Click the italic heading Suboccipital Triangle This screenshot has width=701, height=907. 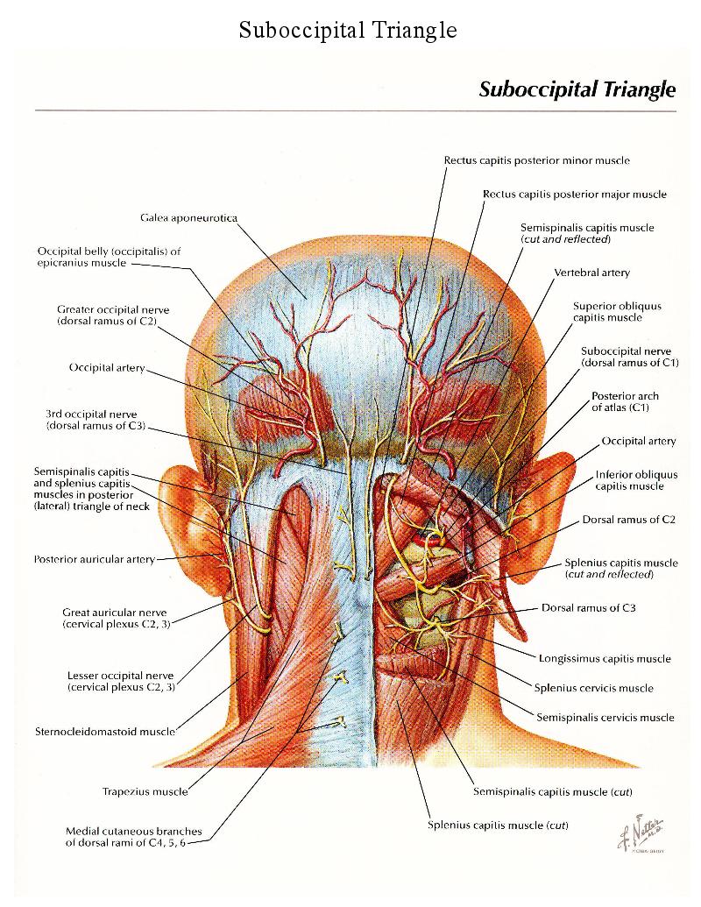click(577, 89)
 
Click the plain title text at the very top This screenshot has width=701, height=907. click(348, 31)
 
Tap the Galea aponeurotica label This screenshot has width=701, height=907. click(188, 216)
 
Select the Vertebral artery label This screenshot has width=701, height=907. click(591, 273)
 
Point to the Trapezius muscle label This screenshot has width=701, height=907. click(145, 791)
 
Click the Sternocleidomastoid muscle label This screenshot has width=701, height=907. click(105, 730)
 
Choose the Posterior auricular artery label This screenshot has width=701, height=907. click(94, 559)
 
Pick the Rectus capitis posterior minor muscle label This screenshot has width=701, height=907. click(536, 160)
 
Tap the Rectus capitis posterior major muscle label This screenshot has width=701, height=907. click(574, 194)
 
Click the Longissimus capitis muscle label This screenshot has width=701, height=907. click(605, 658)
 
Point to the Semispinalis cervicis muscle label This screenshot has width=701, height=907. click(605, 717)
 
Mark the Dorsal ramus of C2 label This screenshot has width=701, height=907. click(628, 520)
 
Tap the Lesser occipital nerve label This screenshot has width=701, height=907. click(120, 681)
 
